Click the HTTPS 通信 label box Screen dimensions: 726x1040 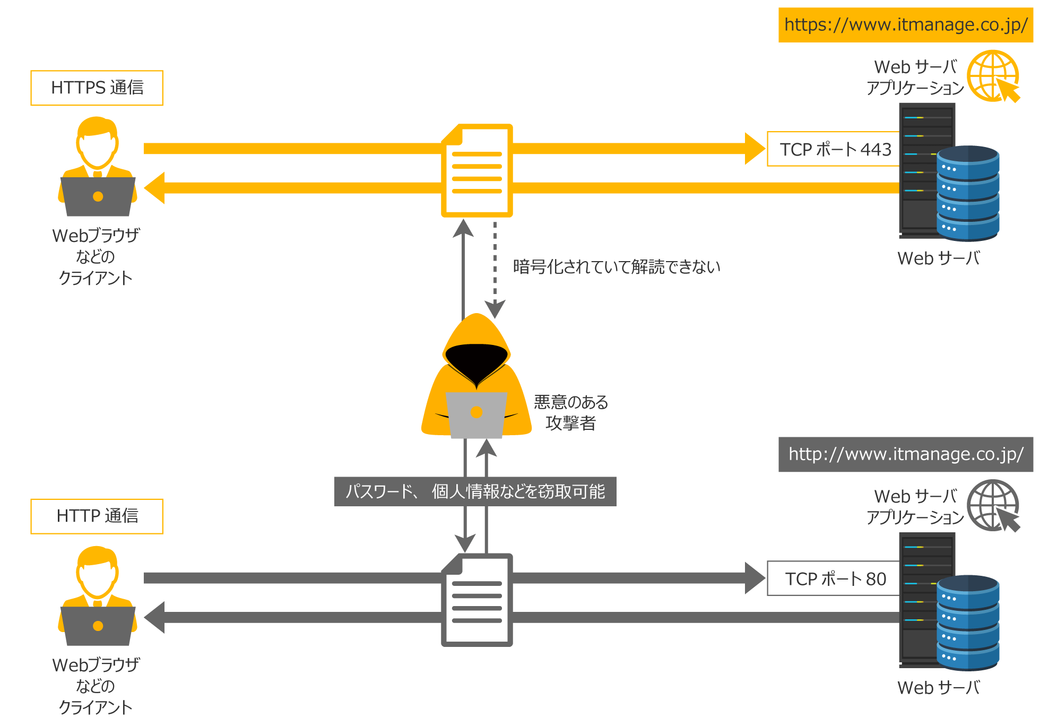[x=97, y=88]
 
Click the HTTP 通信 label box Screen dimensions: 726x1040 [x=97, y=516]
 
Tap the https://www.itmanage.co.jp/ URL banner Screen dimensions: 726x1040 [x=905, y=25]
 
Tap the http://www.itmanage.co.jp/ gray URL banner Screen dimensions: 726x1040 [x=905, y=454]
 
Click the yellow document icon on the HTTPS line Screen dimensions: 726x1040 [x=477, y=171]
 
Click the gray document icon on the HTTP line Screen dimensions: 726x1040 [x=477, y=600]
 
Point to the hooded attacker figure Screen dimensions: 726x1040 [x=476, y=377]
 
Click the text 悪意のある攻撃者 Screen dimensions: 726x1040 [x=570, y=412]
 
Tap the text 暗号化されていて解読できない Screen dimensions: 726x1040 [x=616, y=266]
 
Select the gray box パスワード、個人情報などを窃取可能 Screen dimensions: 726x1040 [x=475, y=491]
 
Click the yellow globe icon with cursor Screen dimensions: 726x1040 [x=993, y=76]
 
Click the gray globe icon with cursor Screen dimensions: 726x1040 [x=993, y=505]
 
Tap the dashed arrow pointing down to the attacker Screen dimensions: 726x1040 [x=495, y=271]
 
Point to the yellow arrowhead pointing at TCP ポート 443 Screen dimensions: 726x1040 [x=755, y=149]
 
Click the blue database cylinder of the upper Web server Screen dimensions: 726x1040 [x=968, y=194]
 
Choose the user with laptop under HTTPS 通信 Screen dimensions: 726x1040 [x=97, y=167]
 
